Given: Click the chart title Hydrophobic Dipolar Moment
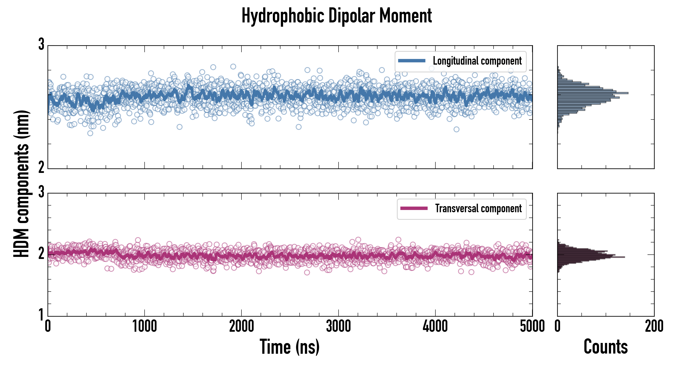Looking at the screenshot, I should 336,16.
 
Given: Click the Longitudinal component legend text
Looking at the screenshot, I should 477,61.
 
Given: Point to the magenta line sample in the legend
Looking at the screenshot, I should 414,208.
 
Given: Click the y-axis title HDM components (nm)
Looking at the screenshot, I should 22,184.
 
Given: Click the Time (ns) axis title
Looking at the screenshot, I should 289,347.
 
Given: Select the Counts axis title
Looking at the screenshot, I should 605,347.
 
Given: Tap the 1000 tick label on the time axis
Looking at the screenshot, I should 144,326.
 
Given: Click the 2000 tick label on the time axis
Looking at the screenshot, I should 241,326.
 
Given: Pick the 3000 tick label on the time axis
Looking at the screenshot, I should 338,326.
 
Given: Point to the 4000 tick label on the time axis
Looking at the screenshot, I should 435,326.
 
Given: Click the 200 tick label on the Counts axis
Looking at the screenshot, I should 654,326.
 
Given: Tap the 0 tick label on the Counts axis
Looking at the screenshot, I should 558,326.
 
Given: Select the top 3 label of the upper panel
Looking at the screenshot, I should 41,44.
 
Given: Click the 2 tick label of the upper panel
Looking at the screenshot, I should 41,167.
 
